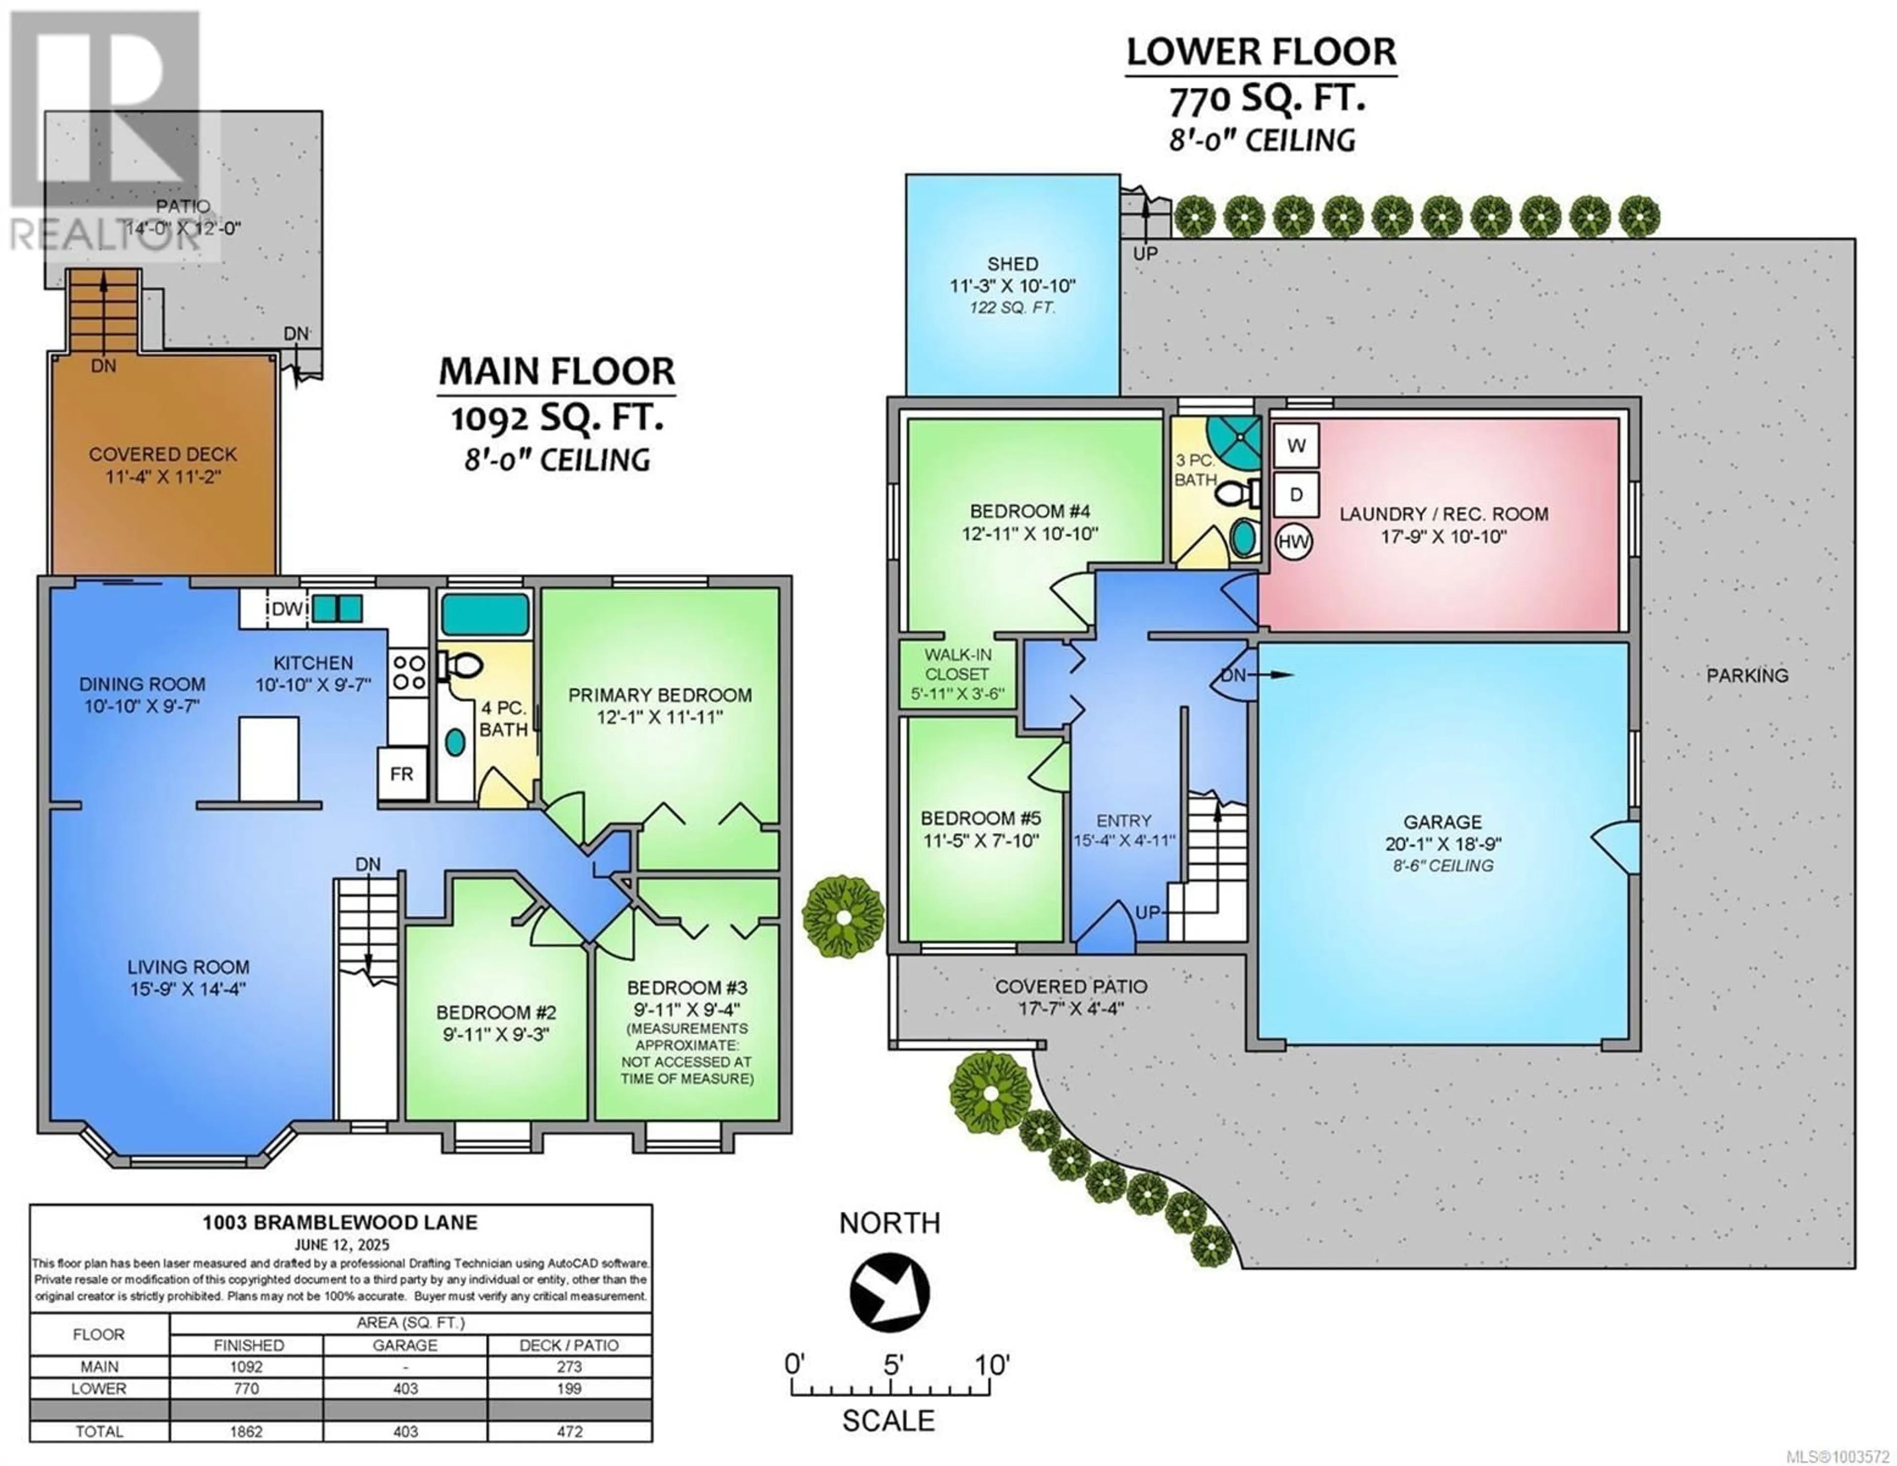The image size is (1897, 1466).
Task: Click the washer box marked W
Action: click(x=1296, y=446)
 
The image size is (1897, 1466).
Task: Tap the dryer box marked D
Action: click(x=1296, y=495)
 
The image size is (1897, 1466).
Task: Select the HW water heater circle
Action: click(x=1293, y=542)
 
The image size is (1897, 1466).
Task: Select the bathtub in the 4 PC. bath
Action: click(x=485, y=614)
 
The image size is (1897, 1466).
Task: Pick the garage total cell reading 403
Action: click(x=406, y=1431)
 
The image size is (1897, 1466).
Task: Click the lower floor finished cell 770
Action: click(x=247, y=1388)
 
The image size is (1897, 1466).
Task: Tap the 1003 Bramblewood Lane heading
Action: click(x=340, y=1223)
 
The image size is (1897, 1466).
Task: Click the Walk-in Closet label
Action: click(x=957, y=664)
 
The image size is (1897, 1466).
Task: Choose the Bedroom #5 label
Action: click(x=981, y=818)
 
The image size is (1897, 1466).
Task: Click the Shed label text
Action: click(x=1013, y=263)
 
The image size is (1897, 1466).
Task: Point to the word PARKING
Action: click(x=1748, y=675)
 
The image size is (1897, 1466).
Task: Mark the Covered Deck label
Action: click(x=163, y=454)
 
